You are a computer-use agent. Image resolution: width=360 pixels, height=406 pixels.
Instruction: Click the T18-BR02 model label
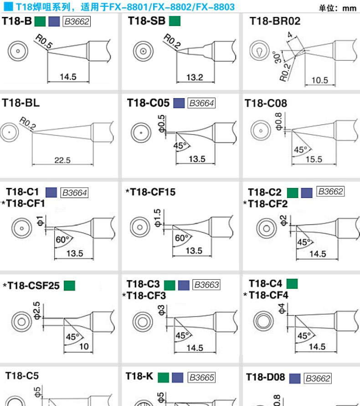pyautogui.click(x=275, y=21)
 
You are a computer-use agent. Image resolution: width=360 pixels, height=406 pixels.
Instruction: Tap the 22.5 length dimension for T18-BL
pyautogui.click(x=62, y=160)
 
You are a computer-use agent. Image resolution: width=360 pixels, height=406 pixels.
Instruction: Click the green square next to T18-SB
pyautogui.click(x=174, y=21)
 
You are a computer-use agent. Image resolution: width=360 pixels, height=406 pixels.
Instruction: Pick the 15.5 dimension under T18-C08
pyautogui.click(x=314, y=159)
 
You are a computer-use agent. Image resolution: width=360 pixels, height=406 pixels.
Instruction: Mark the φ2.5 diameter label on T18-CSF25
pyautogui.click(x=36, y=310)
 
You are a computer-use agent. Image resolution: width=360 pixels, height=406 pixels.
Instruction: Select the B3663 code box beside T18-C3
pyautogui.click(x=206, y=285)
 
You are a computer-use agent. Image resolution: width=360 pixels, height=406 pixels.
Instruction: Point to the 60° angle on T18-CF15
pyautogui.click(x=181, y=238)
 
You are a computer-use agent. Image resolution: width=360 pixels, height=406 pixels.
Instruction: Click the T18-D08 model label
pyautogui.click(x=265, y=377)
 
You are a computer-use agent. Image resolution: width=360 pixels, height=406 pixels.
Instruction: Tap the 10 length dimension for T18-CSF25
pyautogui.click(x=84, y=346)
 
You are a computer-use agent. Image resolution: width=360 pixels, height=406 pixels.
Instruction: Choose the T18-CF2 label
pyautogui.click(x=268, y=203)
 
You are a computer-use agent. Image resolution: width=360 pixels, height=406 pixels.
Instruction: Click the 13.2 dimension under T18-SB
pyautogui.click(x=195, y=77)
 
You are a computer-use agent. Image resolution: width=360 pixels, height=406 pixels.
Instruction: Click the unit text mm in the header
pyautogui.click(x=349, y=8)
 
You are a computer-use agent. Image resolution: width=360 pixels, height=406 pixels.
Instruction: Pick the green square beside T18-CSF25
pyautogui.click(x=69, y=286)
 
